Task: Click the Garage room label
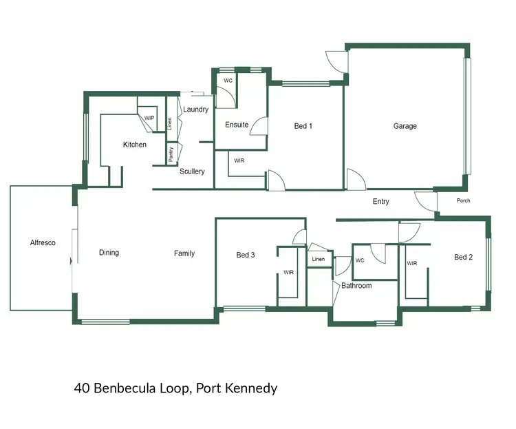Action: click(405, 126)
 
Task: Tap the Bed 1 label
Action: click(303, 126)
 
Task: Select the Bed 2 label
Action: click(463, 258)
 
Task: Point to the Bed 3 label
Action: click(246, 255)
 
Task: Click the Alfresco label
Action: click(42, 243)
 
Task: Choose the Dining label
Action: click(109, 253)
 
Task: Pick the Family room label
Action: click(184, 253)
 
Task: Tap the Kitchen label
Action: click(135, 145)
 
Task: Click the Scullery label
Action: click(192, 171)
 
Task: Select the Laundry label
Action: click(196, 109)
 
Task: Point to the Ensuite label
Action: click(237, 125)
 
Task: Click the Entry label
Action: click(380, 202)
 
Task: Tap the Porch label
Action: click(464, 201)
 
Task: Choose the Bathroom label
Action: click(356, 286)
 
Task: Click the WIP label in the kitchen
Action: click(149, 118)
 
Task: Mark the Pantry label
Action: click(171, 154)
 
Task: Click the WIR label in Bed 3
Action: click(289, 273)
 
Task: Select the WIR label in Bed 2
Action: click(412, 264)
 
